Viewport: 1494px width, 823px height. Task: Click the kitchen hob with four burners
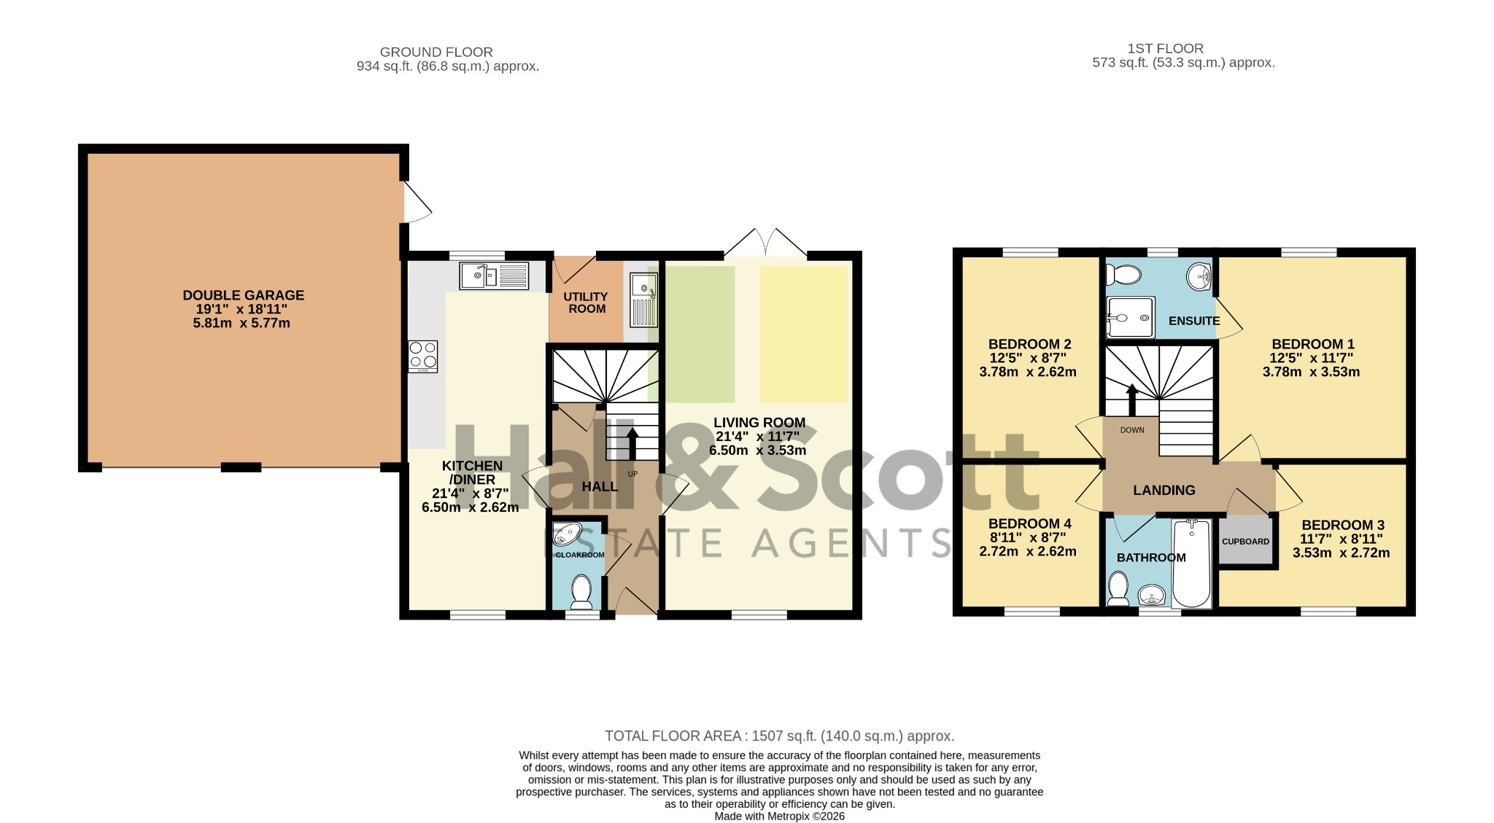coord(423,356)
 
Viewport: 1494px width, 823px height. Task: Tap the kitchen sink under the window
coord(494,276)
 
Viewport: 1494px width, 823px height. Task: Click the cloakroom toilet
coord(581,591)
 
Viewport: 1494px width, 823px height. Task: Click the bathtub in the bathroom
coord(1192,563)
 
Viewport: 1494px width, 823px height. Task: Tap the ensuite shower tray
coord(1130,317)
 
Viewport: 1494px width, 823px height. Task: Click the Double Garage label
coord(243,295)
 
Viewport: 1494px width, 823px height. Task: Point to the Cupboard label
coord(1245,542)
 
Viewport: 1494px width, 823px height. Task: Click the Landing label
coord(1164,491)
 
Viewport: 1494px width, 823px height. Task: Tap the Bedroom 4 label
coord(1029,523)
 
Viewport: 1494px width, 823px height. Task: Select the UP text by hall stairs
coord(632,474)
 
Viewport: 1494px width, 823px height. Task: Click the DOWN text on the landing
coord(1132,430)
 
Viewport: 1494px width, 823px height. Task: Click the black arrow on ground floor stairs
coord(632,443)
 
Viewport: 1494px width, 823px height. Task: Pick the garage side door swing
coord(417,202)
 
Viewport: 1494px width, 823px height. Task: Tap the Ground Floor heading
coord(436,52)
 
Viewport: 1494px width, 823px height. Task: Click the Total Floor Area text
coord(779,736)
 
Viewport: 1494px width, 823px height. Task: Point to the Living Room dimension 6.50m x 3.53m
coord(757,450)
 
